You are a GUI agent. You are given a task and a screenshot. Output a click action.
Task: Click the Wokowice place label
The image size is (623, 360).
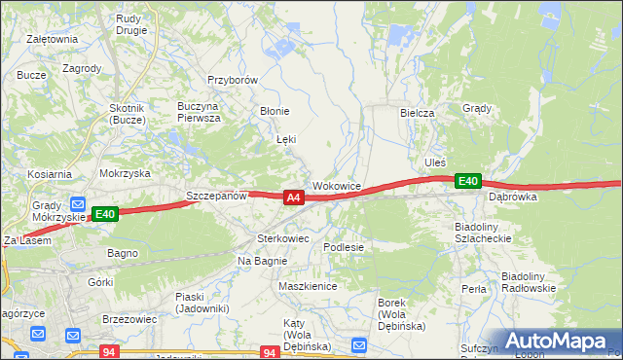pyautogui.click(x=337, y=185)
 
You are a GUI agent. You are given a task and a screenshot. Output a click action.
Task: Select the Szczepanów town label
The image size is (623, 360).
pyautogui.click(x=216, y=196)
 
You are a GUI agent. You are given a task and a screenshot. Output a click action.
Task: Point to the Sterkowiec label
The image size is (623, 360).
pyautogui.click(x=282, y=237)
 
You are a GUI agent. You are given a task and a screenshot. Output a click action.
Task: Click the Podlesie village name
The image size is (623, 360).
pyautogui.click(x=344, y=247)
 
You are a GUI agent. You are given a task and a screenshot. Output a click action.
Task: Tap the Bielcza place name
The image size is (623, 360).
pyautogui.click(x=417, y=113)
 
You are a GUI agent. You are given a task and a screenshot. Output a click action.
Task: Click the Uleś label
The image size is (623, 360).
pyautogui.click(x=434, y=162)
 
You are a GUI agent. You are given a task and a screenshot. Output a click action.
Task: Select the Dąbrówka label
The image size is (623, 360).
pyautogui.click(x=514, y=196)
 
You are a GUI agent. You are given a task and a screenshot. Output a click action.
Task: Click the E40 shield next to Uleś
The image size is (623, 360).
pyautogui.click(x=468, y=181)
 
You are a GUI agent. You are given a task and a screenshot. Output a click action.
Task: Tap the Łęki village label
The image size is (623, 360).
pyautogui.click(x=286, y=140)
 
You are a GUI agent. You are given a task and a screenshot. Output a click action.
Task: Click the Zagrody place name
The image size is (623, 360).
pyautogui.click(x=82, y=69)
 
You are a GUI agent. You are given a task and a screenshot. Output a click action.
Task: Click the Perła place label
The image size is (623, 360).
pyautogui.click(x=474, y=289)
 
